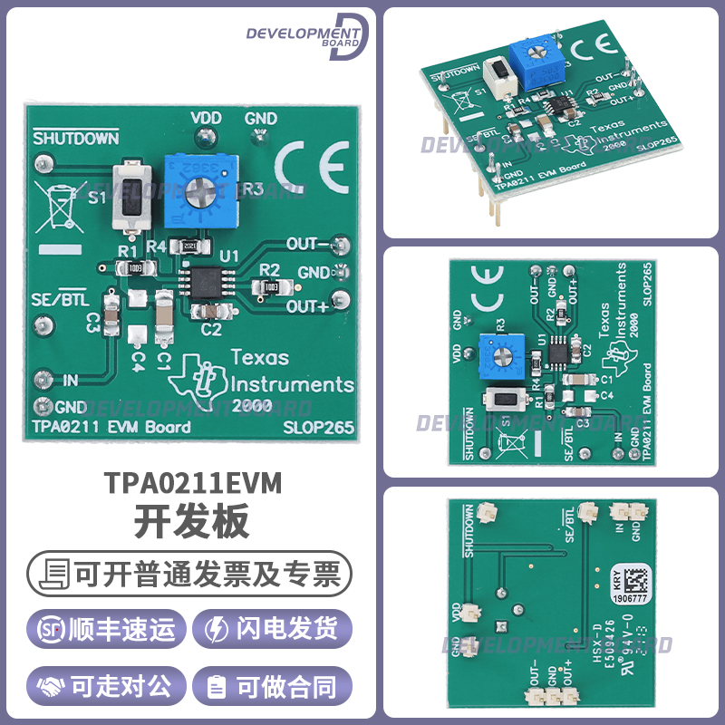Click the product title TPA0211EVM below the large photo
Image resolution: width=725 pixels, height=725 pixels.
click(x=192, y=484)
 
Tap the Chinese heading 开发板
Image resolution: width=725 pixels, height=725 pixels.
click(x=192, y=522)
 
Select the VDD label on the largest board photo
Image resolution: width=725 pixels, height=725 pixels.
click(x=207, y=118)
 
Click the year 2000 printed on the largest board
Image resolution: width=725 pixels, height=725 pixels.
click(x=253, y=405)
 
